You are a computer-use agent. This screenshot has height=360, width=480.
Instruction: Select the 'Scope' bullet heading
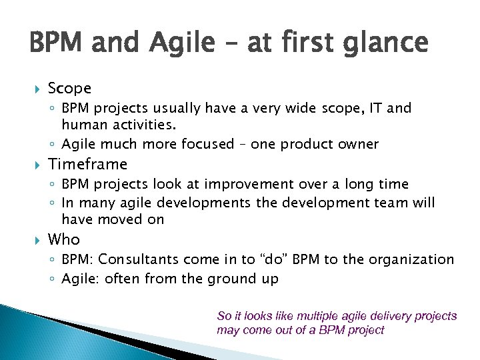(69, 88)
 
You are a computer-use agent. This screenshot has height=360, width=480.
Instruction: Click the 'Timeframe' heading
(87, 164)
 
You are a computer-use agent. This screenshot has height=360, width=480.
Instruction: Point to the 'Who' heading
(64, 239)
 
